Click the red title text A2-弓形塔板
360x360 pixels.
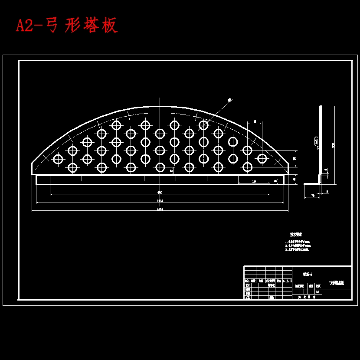[67, 26]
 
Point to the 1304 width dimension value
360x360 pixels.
[160, 201]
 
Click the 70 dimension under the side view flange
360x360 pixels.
[312, 196]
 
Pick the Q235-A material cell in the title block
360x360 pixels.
[307, 273]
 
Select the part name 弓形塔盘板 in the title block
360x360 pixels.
[337, 283]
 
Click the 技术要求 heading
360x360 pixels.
[296, 234]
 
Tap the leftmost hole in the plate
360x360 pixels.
[58, 159]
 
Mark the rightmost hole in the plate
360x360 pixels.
[262, 159]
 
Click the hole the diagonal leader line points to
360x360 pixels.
[203, 125]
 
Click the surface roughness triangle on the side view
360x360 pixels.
[317, 148]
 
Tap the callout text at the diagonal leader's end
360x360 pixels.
[229, 99]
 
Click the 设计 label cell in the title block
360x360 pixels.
[247, 285]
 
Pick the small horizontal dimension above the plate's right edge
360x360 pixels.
[255, 121]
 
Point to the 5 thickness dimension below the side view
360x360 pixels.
[327, 191]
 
